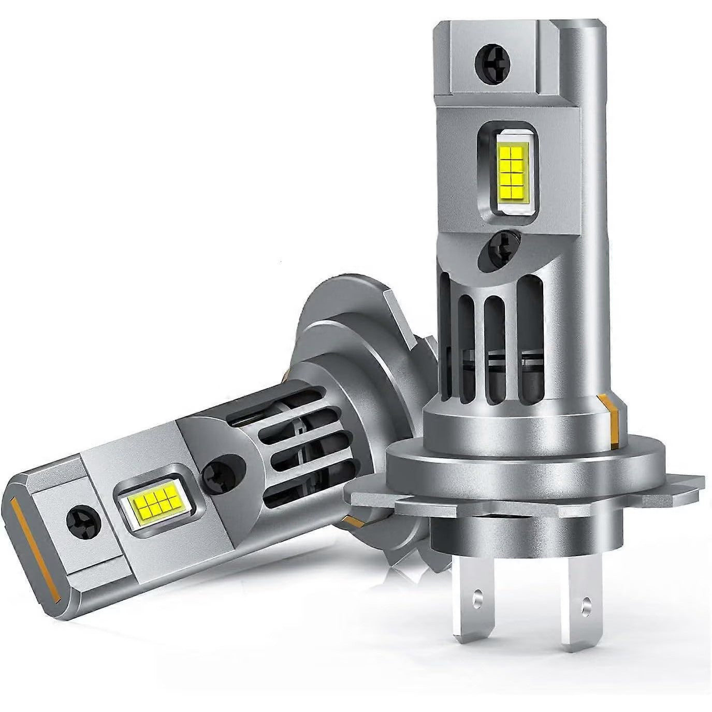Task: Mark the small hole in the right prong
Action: tap(586, 602)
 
